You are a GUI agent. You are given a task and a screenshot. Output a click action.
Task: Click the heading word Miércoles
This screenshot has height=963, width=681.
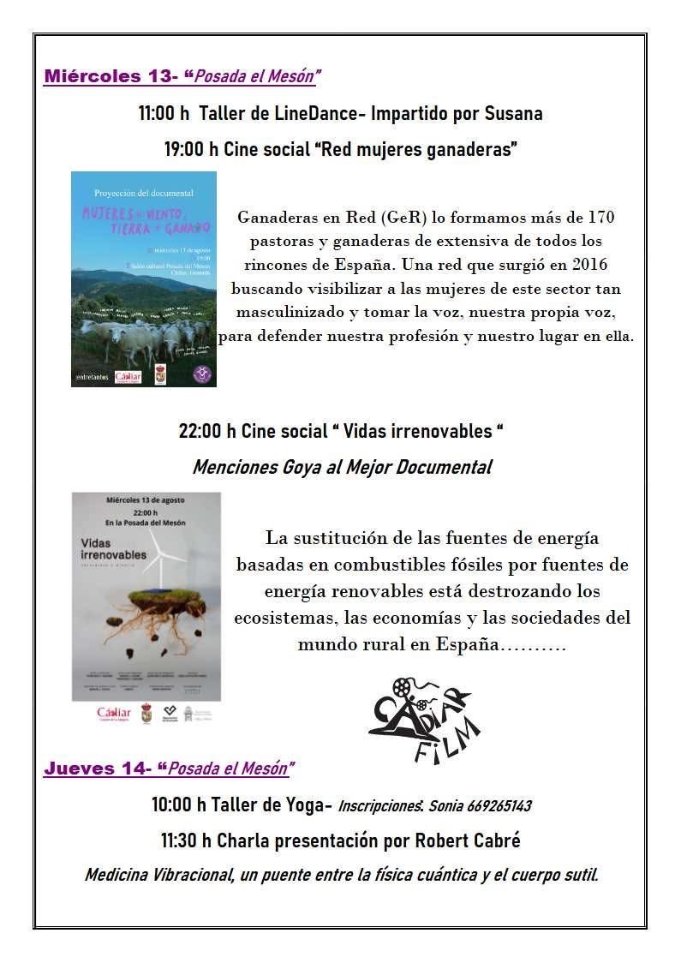click(x=93, y=76)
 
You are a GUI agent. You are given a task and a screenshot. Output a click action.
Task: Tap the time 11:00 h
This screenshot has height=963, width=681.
click(x=164, y=113)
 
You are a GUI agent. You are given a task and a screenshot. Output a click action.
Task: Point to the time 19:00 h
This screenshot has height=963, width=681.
click(x=191, y=149)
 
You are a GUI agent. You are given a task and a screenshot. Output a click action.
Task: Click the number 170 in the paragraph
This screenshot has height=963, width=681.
click(x=598, y=217)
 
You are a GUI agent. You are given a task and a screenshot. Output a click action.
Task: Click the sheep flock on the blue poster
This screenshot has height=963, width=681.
click(x=141, y=337)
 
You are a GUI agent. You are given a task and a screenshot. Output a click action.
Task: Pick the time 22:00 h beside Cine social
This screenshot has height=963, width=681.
click(x=206, y=431)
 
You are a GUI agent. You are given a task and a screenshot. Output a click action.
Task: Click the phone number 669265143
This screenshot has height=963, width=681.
click(x=493, y=806)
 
